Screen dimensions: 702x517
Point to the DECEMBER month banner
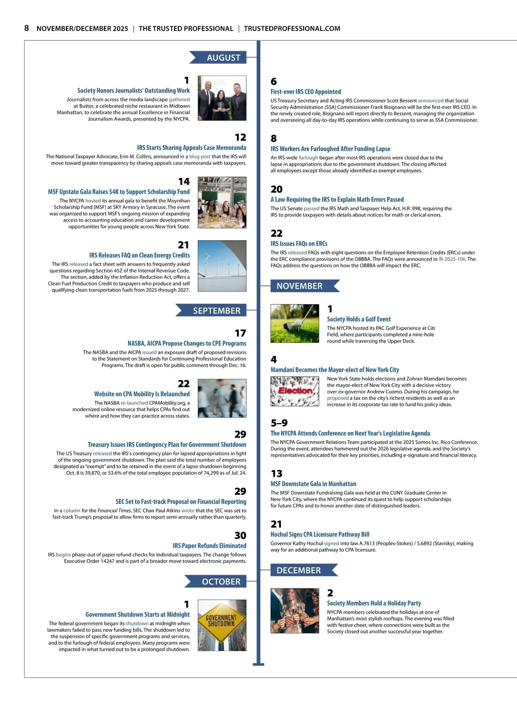point(302,570)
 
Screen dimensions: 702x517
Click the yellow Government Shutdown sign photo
point(222,625)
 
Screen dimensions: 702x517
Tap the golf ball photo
point(295,323)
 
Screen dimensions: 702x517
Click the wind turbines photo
point(222,266)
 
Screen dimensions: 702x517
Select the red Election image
point(295,391)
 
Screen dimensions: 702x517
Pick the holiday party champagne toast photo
point(295,611)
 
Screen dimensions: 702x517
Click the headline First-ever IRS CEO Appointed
point(305,92)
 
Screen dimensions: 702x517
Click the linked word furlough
point(308,158)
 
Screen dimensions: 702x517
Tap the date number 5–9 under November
point(279,423)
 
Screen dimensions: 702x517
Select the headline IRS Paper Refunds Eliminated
point(209,546)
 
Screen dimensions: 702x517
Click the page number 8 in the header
point(27,28)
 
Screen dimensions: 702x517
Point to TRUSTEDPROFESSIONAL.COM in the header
point(292,28)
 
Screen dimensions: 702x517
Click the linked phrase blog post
point(200,157)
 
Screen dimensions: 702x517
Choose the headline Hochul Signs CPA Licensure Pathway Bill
point(320,535)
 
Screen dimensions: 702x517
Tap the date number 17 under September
point(240,333)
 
